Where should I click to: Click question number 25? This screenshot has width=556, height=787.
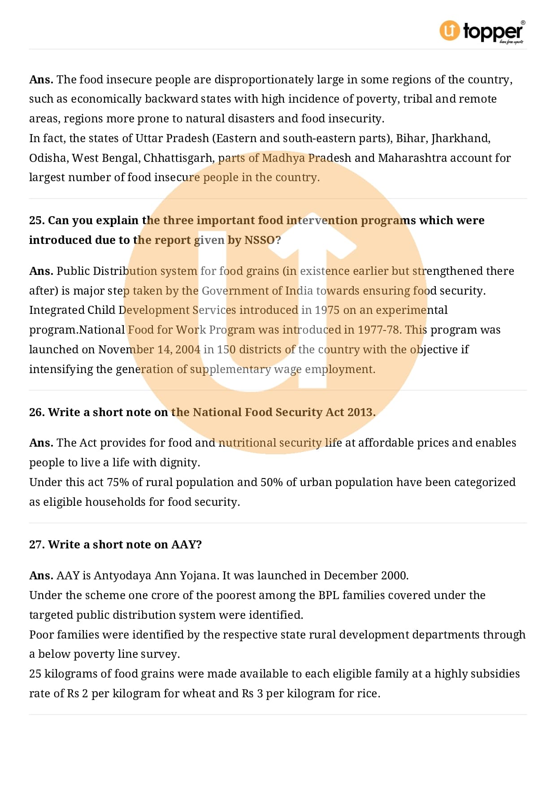tap(37, 221)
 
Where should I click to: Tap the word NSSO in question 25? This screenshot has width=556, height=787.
tap(260, 240)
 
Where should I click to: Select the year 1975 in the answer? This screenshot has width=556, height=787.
tap(327, 310)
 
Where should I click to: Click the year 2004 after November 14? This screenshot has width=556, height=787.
tap(187, 350)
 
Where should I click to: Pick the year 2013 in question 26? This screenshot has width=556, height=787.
tap(360, 413)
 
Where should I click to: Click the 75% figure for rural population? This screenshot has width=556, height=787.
tap(117, 483)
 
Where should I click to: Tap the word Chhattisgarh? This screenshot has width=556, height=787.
tap(178, 158)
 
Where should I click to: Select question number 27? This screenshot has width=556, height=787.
tap(37, 545)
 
